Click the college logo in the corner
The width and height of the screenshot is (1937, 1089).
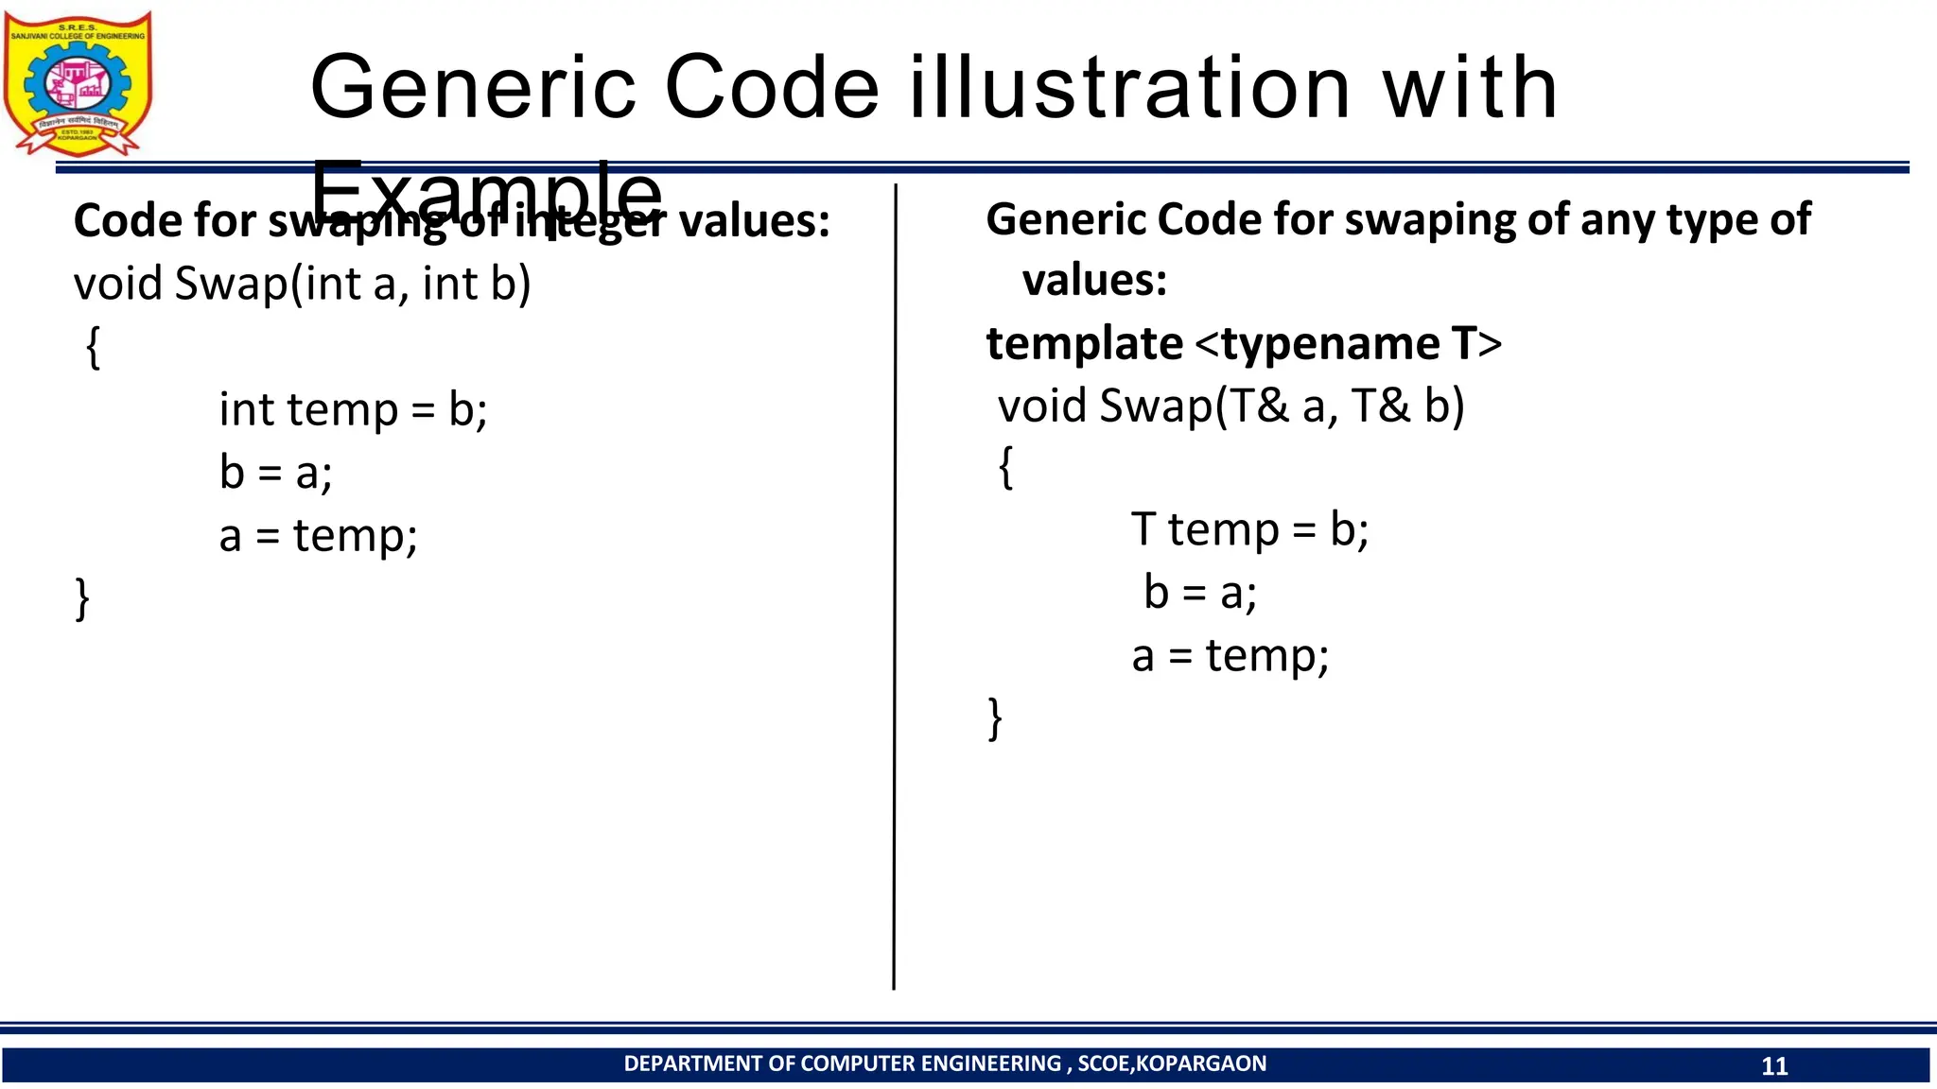point(78,83)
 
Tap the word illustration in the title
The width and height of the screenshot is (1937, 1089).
point(1129,88)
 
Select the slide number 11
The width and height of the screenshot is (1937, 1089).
point(1774,1066)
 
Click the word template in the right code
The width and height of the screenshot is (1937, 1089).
point(1084,343)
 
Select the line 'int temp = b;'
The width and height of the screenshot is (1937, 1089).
point(353,410)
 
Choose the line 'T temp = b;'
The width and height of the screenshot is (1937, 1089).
point(1249,529)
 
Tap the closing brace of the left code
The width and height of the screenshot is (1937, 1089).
point(82,598)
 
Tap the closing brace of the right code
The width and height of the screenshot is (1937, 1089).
point(995,718)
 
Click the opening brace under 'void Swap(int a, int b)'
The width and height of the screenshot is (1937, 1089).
point(93,347)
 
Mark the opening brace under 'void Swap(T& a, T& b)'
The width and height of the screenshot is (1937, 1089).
point(1006,467)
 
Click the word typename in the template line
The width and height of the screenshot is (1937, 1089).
point(1332,343)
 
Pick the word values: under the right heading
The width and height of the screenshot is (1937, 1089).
point(1094,281)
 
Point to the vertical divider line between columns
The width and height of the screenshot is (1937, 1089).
point(894,586)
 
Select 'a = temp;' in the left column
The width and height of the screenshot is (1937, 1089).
point(318,536)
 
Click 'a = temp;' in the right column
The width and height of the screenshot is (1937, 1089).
point(1230,656)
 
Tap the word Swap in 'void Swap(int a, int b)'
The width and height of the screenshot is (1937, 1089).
point(231,285)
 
